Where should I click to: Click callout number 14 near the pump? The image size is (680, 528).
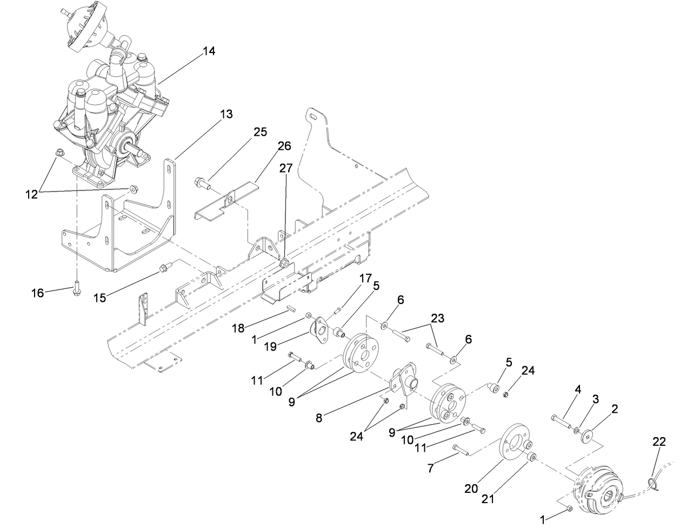(x=209, y=51)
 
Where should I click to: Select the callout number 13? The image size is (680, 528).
(x=226, y=114)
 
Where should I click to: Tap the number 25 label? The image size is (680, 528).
(x=260, y=133)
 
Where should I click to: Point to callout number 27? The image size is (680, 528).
(x=285, y=168)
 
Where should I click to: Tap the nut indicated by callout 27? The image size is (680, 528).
(x=283, y=264)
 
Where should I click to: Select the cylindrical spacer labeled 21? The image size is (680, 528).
(x=531, y=458)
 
